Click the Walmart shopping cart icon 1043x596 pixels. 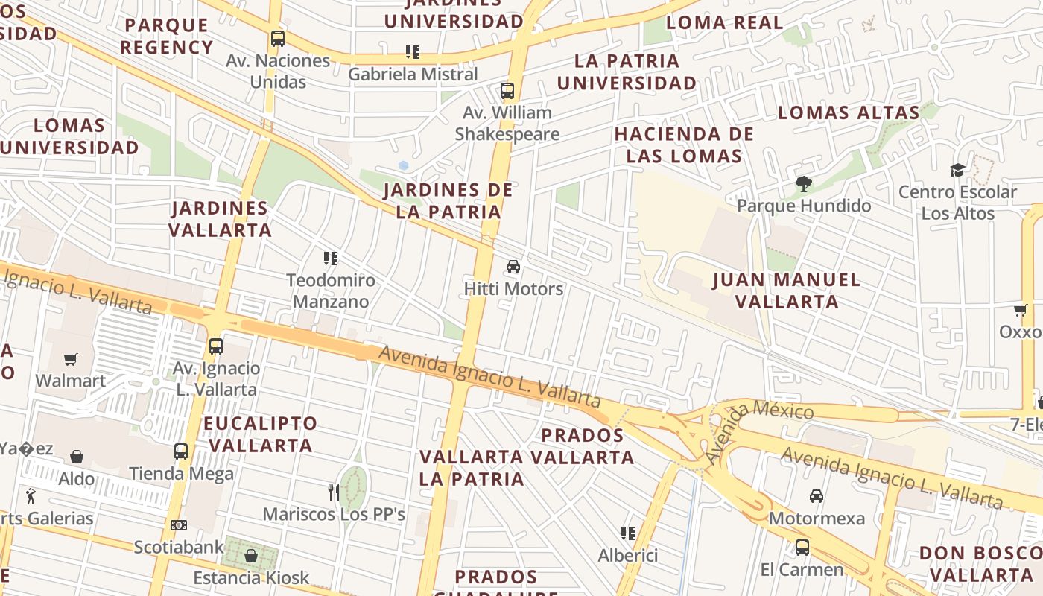[71, 360]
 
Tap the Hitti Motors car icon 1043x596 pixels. [513, 267]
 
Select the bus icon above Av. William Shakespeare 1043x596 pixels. [507, 91]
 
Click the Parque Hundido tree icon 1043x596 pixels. [803, 183]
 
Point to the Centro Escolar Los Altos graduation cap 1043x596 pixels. [957, 171]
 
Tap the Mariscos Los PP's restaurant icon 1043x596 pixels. [334, 492]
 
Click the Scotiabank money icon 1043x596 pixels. [178, 525]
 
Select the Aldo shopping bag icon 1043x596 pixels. [77, 457]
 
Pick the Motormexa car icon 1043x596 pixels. [817, 496]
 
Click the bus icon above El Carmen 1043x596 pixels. [802, 548]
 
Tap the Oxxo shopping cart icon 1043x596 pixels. [1020, 310]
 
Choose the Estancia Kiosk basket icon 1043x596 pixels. [251, 556]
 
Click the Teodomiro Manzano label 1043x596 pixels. [331, 291]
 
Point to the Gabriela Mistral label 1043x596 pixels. [413, 74]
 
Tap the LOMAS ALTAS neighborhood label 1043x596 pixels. [849, 112]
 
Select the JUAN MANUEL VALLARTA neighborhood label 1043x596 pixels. [787, 291]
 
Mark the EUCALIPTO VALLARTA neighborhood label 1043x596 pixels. [260, 434]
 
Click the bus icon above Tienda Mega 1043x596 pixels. [181, 451]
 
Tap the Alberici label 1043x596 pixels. [628, 555]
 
